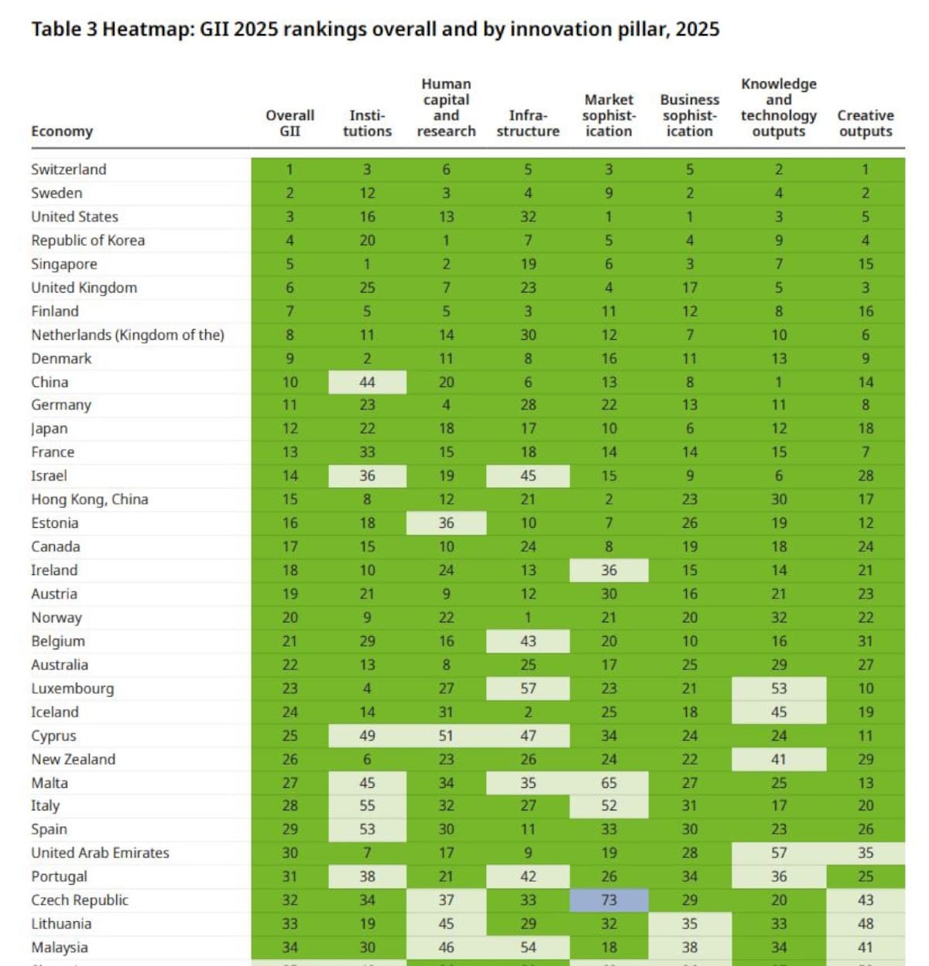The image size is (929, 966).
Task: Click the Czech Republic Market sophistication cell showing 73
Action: (608, 900)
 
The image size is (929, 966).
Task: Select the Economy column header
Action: (62, 132)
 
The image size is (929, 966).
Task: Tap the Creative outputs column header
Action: (866, 123)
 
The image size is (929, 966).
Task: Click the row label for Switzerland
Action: (69, 170)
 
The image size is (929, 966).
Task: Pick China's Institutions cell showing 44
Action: (367, 382)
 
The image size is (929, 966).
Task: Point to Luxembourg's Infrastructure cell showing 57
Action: (528, 688)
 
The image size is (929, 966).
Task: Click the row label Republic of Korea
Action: (87, 241)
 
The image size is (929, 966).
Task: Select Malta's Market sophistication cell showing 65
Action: (608, 783)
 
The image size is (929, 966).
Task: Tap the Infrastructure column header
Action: (528, 123)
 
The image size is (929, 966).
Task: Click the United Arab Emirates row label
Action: (100, 853)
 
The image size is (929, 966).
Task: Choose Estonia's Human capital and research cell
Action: (446, 523)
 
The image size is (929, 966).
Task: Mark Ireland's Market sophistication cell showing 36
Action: (608, 570)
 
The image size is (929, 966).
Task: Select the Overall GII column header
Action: (290, 123)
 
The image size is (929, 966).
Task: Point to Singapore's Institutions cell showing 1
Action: (367, 264)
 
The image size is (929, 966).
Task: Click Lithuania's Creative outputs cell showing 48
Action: (866, 923)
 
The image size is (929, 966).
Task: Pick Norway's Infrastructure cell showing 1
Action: (528, 618)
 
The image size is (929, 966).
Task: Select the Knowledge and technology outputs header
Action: (779, 108)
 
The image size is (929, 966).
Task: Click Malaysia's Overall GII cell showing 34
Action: (290, 947)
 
